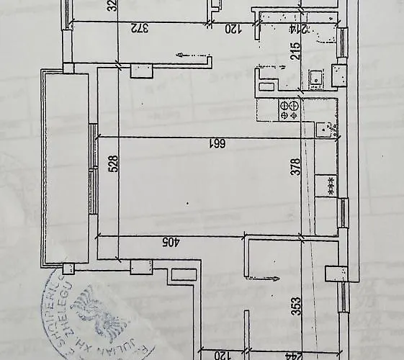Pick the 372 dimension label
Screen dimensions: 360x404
click(x=139, y=29)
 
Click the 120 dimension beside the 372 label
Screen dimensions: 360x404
click(x=232, y=29)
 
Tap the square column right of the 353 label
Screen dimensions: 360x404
click(x=336, y=274)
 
